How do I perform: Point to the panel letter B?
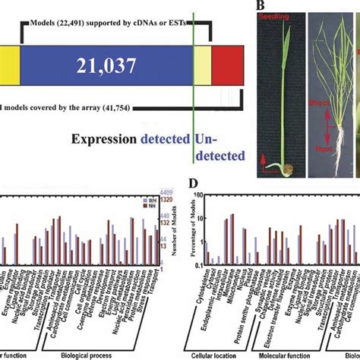(260, 7)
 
